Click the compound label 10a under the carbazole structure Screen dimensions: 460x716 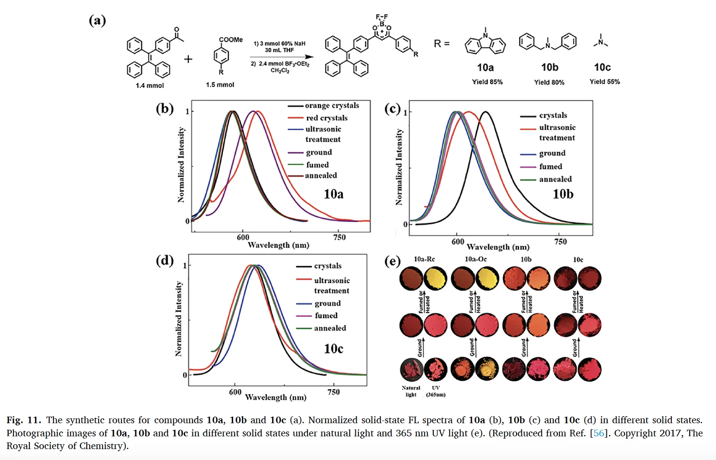click(485, 67)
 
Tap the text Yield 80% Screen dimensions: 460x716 click(549, 82)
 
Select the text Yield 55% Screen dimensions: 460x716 click(604, 81)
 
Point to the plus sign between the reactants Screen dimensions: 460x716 click(188, 59)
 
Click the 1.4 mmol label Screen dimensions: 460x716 click(149, 85)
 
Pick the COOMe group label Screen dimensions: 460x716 click(230, 39)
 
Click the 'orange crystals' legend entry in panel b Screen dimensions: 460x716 click(332, 106)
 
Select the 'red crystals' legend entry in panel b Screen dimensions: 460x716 click(326, 118)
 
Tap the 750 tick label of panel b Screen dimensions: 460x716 click(339, 237)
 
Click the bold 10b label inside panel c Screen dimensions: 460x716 click(563, 194)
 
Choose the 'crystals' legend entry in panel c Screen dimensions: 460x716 click(553, 115)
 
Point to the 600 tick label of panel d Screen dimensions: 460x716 click(235, 392)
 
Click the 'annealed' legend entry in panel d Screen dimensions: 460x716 click(330, 328)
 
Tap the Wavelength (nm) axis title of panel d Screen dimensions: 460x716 click(276, 397)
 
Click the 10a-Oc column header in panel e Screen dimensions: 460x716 click(475, 259)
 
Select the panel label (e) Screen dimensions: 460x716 click(392, 262)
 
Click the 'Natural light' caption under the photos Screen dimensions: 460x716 click(411, 391)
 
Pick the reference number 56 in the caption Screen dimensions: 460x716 click(599, 433)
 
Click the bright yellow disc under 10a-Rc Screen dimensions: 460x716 click(436, 279)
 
